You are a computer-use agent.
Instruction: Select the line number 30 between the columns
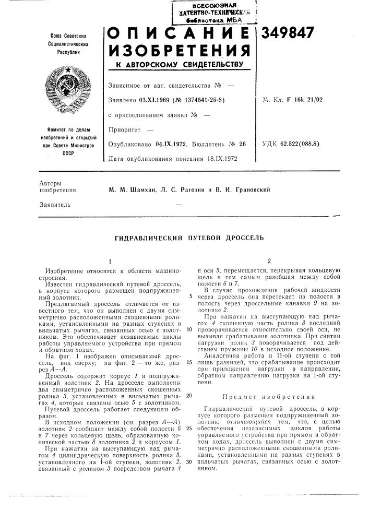(x=188, y=461)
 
